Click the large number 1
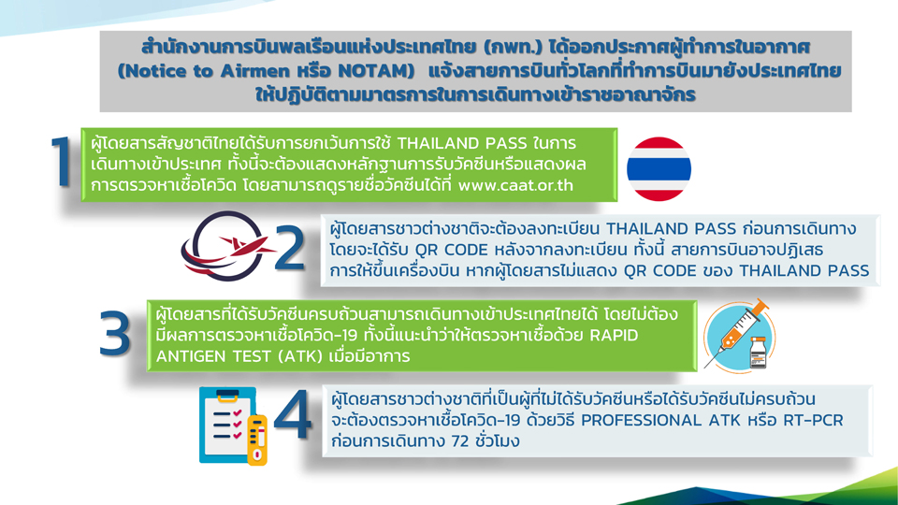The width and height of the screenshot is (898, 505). pos(61,162)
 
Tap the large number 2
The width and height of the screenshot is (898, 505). pos(290,247)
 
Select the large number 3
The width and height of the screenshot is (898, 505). pos(114,333)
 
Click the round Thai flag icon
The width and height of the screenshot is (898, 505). pos(659,169)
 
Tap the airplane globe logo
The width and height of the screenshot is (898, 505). pos(225,246)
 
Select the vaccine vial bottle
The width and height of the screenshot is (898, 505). pos(759,353)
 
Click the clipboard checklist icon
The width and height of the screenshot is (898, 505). pos(228,425)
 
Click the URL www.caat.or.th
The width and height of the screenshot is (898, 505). pos(516,185)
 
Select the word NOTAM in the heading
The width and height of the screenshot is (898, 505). pos(376,71)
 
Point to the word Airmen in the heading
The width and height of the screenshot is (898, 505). pos(254,71)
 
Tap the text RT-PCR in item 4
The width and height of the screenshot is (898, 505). pos(813,420)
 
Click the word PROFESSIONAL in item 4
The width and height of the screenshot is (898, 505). pos(641,420)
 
